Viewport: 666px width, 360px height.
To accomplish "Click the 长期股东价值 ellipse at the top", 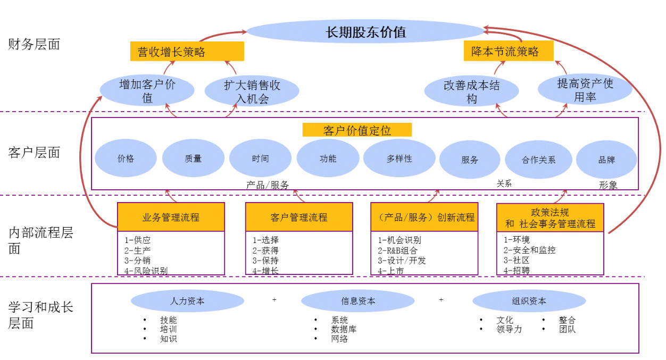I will click(365, 32).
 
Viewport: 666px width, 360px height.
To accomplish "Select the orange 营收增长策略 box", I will click(187, 52).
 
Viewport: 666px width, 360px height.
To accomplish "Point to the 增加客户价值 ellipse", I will click(147, 91).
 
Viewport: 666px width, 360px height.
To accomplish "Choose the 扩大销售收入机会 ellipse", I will click(252, 91).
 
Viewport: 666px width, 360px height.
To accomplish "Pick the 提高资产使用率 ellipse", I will click(585, 90).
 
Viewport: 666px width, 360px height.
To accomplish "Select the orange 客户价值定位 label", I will click(357, 130).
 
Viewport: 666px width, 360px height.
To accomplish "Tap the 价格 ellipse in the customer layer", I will click(126, 158).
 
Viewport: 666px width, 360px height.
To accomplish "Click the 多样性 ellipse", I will click(399, 158).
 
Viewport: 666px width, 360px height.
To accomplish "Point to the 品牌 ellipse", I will click(606, 160).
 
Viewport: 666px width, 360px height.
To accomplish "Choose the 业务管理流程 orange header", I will click(171, 217).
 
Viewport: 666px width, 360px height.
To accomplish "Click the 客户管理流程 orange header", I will click(299, 217).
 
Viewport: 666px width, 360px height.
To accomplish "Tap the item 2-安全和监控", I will click(530, 250).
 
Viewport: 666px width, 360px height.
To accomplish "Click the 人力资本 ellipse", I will click(187, 301).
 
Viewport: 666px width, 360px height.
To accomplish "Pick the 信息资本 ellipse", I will click(357, 301).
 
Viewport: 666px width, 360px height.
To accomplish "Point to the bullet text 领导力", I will click(509, 329).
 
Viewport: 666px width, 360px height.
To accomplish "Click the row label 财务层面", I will click(34, 45).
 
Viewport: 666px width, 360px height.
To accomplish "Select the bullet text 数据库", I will click(344, 329).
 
